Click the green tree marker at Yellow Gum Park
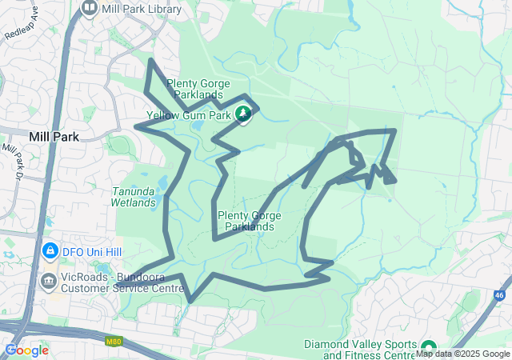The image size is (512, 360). [x=242, y=114]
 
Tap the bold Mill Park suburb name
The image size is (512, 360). [x=54, y=137]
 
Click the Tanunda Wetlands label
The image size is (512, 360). [x=134, y=197]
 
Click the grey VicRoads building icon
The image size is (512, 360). [x=50, y=281]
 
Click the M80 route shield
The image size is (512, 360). [x=113, y=342]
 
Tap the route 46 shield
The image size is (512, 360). [x=500, y=295]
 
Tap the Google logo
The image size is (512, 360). [x=27, y=350]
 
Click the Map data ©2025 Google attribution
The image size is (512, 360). [x=462, y=354]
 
